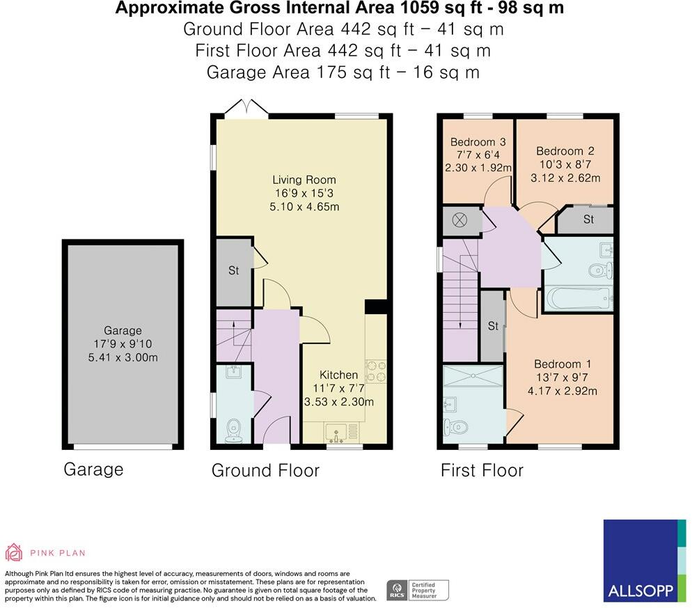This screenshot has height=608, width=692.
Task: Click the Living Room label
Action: [x=304, y=180]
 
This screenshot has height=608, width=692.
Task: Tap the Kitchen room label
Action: [x=338, y=375]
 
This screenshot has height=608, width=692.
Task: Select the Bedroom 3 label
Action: [x=478, y=142]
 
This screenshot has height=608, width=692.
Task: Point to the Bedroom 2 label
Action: [x=565, y=151]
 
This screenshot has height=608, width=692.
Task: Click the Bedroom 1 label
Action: [x=563, y=364]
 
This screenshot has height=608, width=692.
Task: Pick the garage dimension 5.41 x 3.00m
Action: [x=123, y=358]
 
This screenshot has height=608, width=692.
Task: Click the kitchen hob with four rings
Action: [x=375, y=371]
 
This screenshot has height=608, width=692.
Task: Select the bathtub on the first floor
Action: [x=579, y=299]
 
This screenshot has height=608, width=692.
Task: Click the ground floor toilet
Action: [x=233, y=430]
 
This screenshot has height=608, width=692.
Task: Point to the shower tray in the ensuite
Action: [x=473, y=376]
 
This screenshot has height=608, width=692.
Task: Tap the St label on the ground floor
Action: [x=233, y=270]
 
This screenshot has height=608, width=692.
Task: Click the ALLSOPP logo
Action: [x=645, y=561]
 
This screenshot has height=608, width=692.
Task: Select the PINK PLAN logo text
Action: [x=58, y=553]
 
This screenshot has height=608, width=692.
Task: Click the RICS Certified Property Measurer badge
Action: [x=418, y=591]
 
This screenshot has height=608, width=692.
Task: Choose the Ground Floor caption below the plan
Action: [x=265, y=470]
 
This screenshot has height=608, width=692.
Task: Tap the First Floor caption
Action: [x=482, y=470]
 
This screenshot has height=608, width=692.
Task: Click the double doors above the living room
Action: [x=246, y=108]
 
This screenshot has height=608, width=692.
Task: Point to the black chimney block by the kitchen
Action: [x=375, y=306]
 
